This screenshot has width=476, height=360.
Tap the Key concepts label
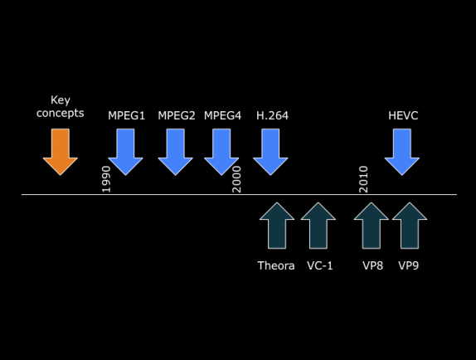(x=61, y=107)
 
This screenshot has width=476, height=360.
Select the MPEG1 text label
(x=126, y=115)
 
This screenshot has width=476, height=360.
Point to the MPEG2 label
(x=176, y=115)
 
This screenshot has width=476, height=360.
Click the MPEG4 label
(x=222, y=115)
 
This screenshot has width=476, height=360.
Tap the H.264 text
(x=271, y=115)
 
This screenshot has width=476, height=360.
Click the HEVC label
(x=403, y=115)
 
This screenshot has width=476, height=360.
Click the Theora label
(x=276, y=265)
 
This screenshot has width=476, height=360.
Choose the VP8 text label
(x=372, y=265)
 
